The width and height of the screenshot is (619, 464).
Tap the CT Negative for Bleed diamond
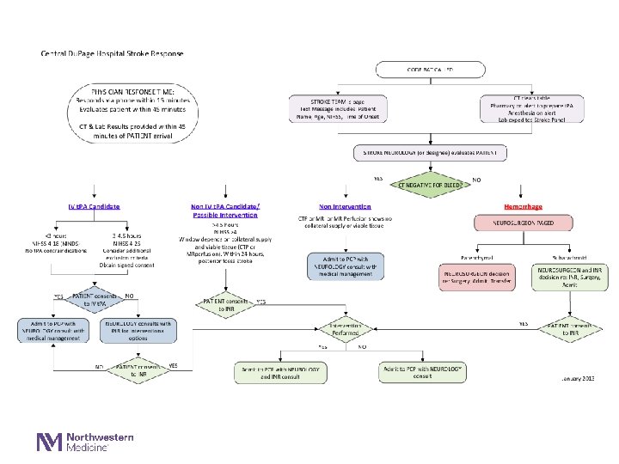coord(431,184)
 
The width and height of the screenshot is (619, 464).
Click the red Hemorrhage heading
coord(523,207)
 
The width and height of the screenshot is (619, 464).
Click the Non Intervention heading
coord(345,207)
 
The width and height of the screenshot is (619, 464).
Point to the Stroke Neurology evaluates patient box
coord(431,153)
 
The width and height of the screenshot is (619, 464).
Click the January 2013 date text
coord(577,378)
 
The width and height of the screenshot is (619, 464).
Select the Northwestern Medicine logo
coord(84,442)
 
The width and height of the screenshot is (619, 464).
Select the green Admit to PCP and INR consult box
coord(279,372)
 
